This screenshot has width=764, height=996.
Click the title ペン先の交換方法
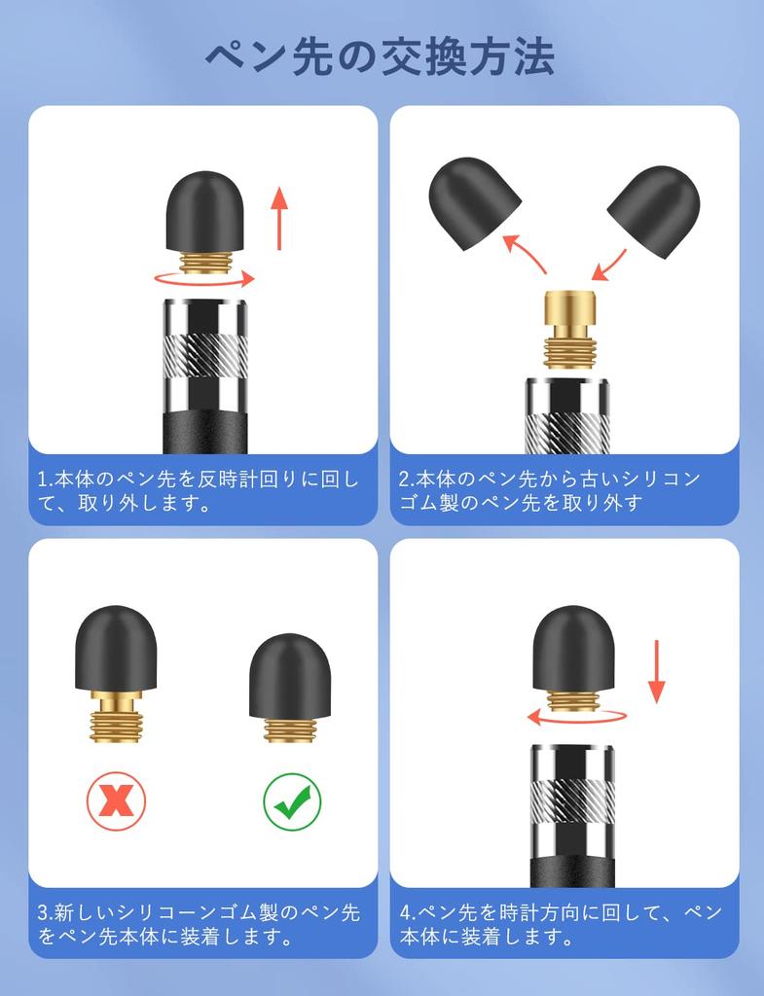click(x=381, y=56)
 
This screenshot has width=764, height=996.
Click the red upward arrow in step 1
click(x=280, y=216)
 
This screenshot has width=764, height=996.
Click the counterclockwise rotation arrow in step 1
click(x=203, y=279)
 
